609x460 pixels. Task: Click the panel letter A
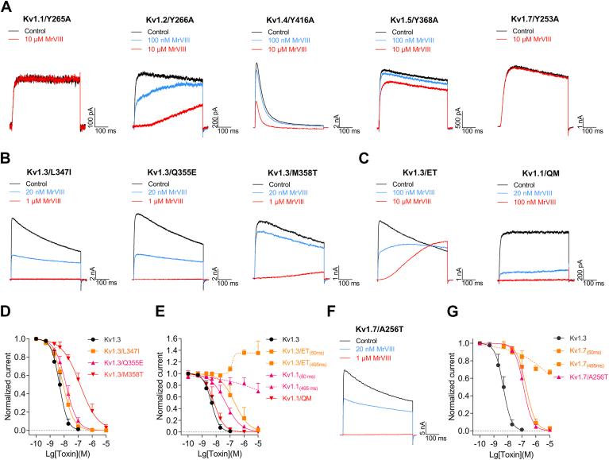7,6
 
